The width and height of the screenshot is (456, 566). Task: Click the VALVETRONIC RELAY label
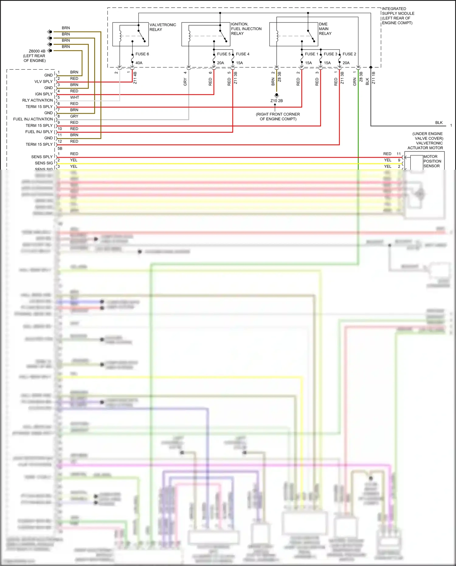pyautogui.click(x=163, y=27)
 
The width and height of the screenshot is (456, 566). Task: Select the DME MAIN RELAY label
pyautogui.click(x=325, y=29)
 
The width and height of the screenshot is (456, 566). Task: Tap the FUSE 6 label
pyautogui.click(x=142, y=54)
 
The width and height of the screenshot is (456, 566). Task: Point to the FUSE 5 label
pyautogui.click(x=224, y=54)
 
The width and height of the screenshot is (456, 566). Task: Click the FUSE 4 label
pyautogui.click(x=243, y=54)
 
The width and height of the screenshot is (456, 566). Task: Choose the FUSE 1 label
pyautogui.click(x=312, y=54)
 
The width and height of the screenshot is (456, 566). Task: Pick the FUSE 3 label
pyautogui.click(x=330, y=54)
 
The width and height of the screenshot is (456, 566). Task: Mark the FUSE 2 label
pyautogui.click(x=349, y=54)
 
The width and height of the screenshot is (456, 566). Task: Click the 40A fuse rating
pyautogui.click(x=139, y=63)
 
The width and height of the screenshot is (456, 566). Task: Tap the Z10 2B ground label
pyautogui.click(x=277, y=101)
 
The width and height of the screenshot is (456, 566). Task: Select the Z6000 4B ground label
pyautogui.click(x=37, y=51)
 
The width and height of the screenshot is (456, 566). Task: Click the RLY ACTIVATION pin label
pyautogui.click(x=37, y=100)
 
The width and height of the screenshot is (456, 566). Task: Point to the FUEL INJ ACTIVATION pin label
pyautogui.click(x=33, y=119)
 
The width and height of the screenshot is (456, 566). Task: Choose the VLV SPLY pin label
pyautogui.click(x=43, y=82)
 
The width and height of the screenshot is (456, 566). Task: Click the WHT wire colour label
pyautogui.click(x=74, y=97)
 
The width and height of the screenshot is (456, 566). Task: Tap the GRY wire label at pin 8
pyautogui.click(x=74, y=116)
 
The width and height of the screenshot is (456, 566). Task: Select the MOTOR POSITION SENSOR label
pyautogui.click(x=432, y=161)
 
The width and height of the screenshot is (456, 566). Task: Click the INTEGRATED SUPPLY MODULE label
pyautogui.click(x=398, y=16)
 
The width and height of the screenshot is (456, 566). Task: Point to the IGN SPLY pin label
pyautogui.click(x=44, y=94)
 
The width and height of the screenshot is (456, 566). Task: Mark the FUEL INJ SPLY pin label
pyautogui.click(x=39, y=132)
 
